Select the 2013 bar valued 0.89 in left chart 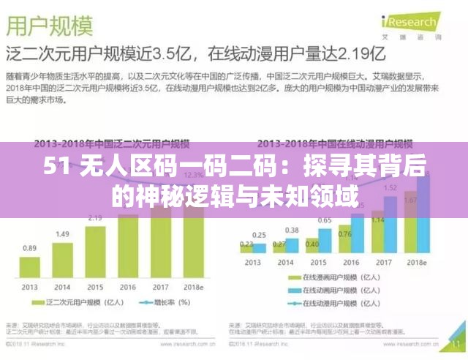coord(30,266)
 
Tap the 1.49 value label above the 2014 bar coord(63,233)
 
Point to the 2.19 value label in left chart coord(95,217)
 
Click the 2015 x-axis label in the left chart coord(95,286)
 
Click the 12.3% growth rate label coord(194,176)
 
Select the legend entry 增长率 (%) coord(165,302)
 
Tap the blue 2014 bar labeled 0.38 coord(292,244)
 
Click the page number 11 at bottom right coord(456,342)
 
